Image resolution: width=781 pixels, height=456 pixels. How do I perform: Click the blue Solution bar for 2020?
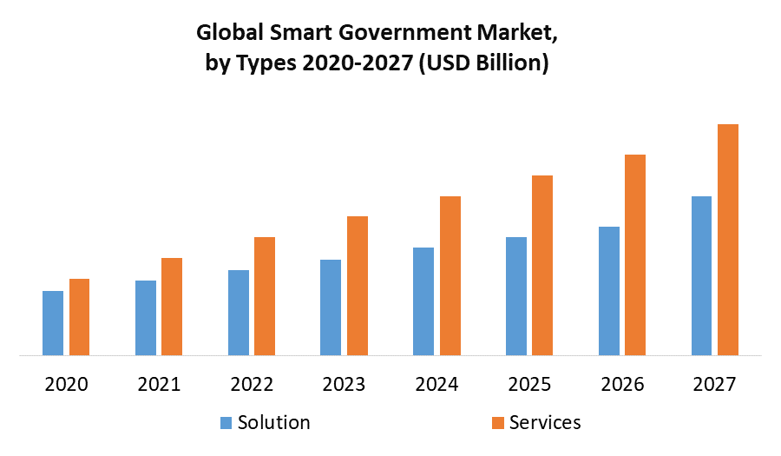[53, 323]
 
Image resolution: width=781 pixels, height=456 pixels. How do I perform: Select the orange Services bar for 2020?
[79, 317]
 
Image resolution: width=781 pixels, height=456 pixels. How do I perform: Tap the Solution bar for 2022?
[239, 313]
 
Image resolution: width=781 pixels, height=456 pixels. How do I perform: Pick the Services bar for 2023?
[358, 286]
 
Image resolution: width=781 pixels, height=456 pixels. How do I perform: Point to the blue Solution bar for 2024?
[423, 301]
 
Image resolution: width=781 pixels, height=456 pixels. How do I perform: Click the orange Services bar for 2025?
[542, 265]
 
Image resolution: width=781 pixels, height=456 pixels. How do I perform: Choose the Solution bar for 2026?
[609, 291]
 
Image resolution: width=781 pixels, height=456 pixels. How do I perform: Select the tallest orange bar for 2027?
[728, 240]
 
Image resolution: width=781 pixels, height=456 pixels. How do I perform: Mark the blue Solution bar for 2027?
[701, 275]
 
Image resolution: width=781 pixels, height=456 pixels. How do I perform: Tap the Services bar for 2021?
[172, 307]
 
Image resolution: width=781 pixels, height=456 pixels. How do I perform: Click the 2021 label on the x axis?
[159, 384]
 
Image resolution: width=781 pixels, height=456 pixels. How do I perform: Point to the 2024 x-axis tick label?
[437, 384]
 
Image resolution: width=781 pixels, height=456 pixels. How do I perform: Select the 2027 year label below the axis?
[714, 384]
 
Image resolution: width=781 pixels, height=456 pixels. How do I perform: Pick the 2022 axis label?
[252, 384]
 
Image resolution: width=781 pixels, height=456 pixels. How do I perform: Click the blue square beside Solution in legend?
[226, 423]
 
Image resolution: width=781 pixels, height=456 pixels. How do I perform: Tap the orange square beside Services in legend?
[498, 423]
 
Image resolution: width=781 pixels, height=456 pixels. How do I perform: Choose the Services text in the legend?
[545, 423]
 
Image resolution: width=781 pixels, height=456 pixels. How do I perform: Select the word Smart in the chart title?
[281, 34]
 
